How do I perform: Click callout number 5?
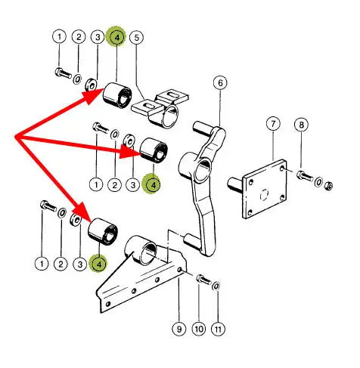click(x=136, y=38)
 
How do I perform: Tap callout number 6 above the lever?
click(x=220, y=83)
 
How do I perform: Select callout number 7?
click(x=273, y=124)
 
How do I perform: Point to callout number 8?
click(x=302, y=125)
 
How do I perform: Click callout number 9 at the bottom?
click(x=179, y=329)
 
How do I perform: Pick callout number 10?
click(x=199, y=329)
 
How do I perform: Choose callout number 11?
click(x=218, y=329)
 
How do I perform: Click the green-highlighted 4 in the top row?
click(x=116, y=37)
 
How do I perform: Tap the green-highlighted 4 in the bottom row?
click(x=99, y=264)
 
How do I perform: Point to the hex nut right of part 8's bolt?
click(x=328, y=186)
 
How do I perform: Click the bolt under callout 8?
click(x=304, y=176)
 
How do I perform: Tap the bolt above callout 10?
click(x=203, y=280)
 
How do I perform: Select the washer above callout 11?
click(x=216, y=286)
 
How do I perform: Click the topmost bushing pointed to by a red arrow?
click(x=117, y=94)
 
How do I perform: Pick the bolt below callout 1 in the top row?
click(x=63, y=73)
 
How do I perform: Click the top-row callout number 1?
click(x=59, y=37)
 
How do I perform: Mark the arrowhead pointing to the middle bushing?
click(x=129, y=152)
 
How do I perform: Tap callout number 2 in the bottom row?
click(x=61, y=264)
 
